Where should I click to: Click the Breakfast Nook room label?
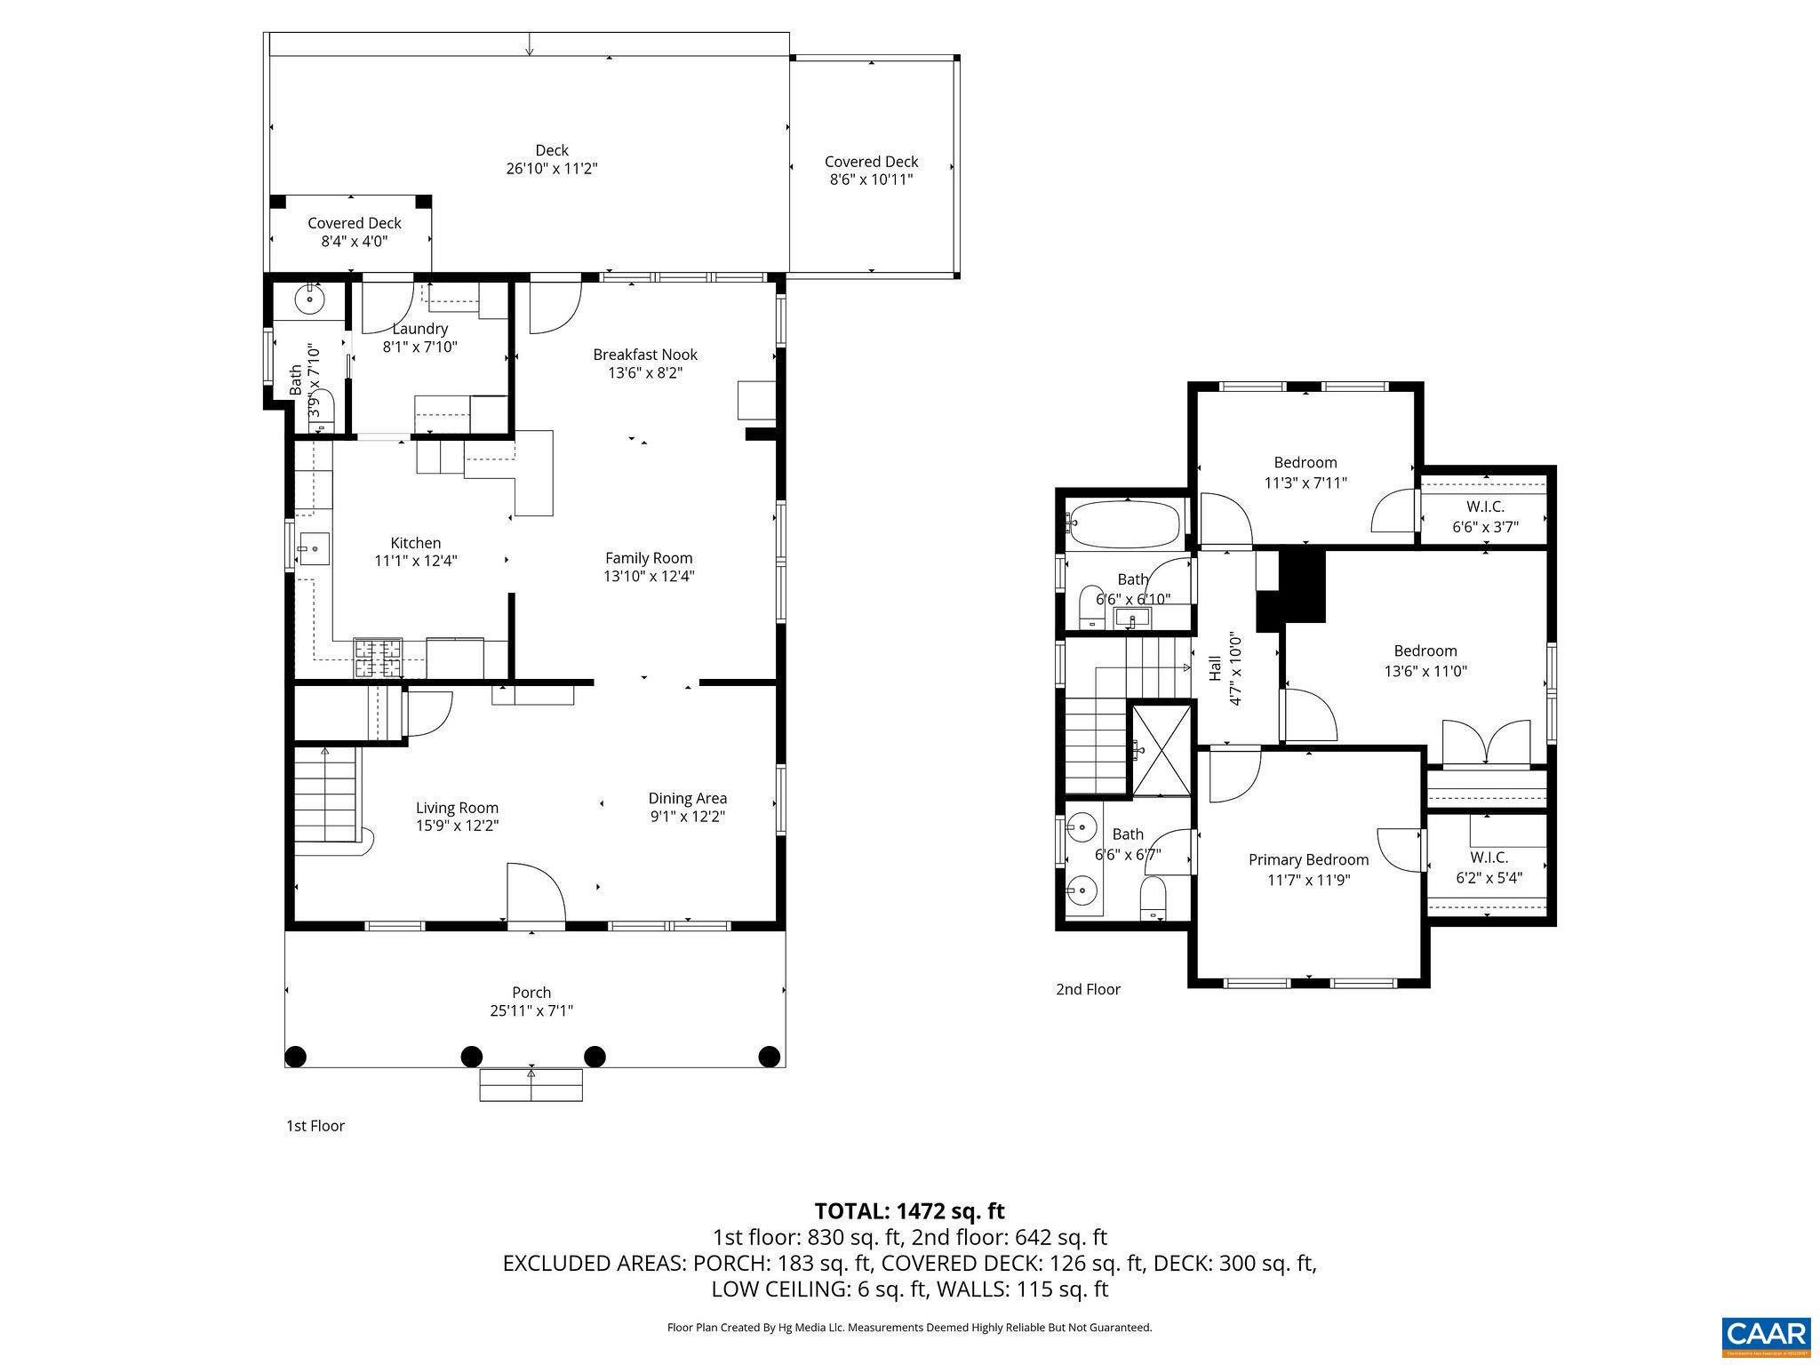pyautogui.click(x=645, y=355)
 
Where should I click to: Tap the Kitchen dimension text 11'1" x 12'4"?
pyautogui.click(x=415, y=561)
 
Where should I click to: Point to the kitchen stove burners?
pyautogui.click(x=378, y=658)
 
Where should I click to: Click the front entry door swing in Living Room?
pyautogui.click(x=535, y=893)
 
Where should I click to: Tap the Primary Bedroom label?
pyautogui.click(x=1308, y=859)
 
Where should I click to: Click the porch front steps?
pyautogui.click(x=531, y=1084)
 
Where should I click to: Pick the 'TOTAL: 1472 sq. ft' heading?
pyautogui.click(x=909, y=1210)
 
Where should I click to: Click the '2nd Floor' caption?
pyautogui.click(x=1088, y=989)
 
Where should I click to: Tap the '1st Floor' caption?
pyautogui.click(x=315, y=1126)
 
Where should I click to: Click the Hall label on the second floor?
pyautogui.click(x=1215, y=668)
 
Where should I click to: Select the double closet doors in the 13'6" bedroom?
pyautogui.click(x=1487, y=743)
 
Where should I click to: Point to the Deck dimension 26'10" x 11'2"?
pyautogui.click(x=552, y=169)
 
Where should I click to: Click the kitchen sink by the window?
pyautogui.click(x=313, y=548)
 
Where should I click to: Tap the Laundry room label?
pyautogui.click(x=419, y=329)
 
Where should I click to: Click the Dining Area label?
pyautogui.click(x=687, y=798)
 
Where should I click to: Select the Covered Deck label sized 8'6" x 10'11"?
pyautogui.click(x=871, y=162)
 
